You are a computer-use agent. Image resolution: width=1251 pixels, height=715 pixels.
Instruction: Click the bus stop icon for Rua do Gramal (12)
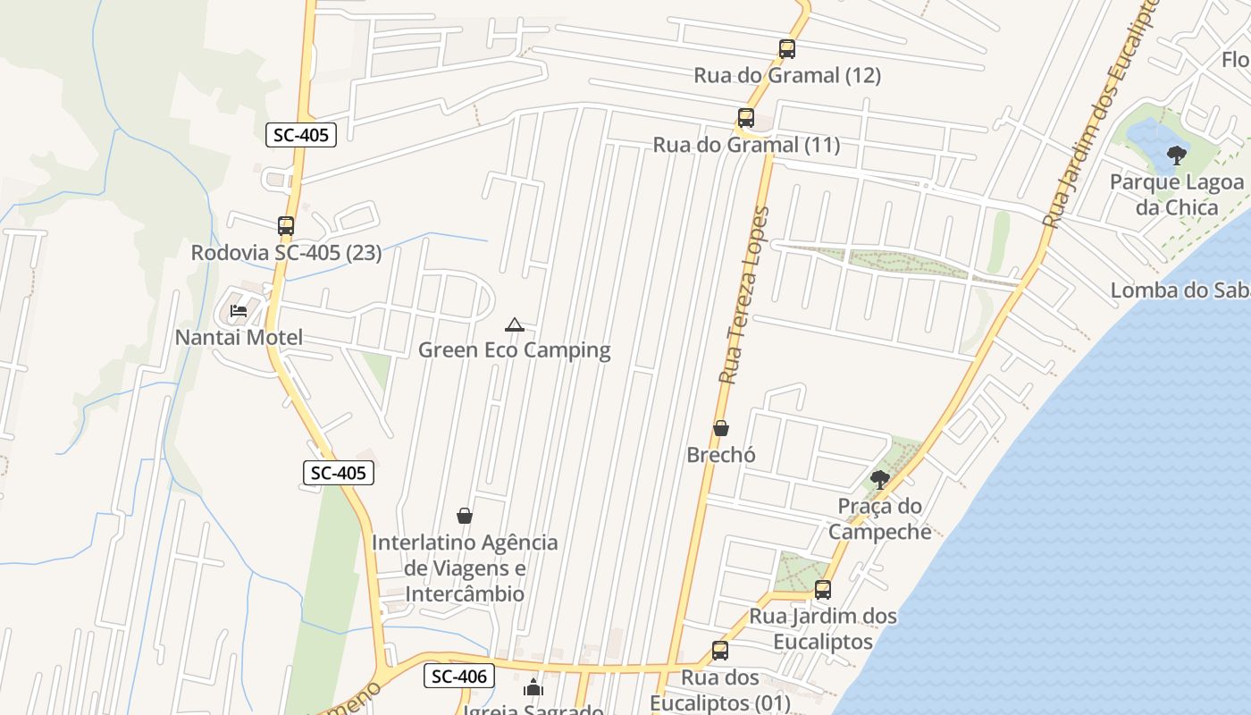786,49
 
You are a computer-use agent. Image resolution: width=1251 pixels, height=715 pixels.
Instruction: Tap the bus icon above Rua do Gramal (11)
745,118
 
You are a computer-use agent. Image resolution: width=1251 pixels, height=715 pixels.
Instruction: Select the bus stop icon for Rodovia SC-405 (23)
286,226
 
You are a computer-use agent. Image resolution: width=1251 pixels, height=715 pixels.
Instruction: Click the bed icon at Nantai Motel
239,311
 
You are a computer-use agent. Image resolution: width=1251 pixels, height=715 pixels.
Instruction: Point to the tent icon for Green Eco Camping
514,324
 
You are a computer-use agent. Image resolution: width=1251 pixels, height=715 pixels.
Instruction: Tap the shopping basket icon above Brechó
721,429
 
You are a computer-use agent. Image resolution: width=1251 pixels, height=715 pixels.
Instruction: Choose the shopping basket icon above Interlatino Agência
465,516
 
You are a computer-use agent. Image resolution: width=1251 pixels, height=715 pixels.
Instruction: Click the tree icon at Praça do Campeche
879,480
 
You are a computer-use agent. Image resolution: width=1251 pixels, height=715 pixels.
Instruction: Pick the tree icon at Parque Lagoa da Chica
1177,156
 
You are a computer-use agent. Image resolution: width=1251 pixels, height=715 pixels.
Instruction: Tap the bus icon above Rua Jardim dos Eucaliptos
823,590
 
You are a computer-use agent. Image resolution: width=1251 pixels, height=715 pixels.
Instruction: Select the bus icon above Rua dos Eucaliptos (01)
720,651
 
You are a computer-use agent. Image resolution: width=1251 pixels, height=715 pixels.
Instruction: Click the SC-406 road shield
459,677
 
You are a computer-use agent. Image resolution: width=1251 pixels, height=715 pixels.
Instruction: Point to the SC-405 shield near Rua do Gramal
301,136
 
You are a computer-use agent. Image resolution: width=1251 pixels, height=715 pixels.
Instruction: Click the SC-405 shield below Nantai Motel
339,473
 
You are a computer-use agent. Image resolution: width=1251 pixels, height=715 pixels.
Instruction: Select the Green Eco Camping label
515,350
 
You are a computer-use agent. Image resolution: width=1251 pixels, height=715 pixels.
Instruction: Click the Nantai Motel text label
239,338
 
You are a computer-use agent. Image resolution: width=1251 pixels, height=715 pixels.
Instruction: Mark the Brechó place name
721,455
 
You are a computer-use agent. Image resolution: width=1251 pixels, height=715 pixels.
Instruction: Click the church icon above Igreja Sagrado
533,687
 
